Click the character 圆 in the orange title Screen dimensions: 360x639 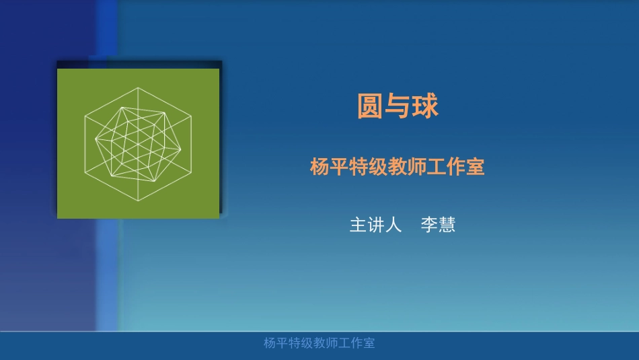pos(370,106)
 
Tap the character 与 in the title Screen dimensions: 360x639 pos(398,106)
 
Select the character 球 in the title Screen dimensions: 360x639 pos(426,106)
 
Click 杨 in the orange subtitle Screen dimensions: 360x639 pos(319,167)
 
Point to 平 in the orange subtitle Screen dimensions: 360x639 pos(338,167)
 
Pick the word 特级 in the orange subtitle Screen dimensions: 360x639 pos(368,167)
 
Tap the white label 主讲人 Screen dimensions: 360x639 pos(375,225)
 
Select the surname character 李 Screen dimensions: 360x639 pos(429,225)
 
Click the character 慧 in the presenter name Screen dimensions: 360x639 pos(447,225)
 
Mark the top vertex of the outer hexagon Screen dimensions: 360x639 pos(138,87)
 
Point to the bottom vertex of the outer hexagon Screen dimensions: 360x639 pos(138,201)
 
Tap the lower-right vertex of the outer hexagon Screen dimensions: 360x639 pos(191,172)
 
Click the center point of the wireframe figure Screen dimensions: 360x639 pos(138,145)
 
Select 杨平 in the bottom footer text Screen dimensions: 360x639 pos(275,343)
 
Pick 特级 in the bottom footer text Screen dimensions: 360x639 pos(300,343)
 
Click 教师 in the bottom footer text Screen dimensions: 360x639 pos(325,343)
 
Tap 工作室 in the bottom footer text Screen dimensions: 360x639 pos(356,343)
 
